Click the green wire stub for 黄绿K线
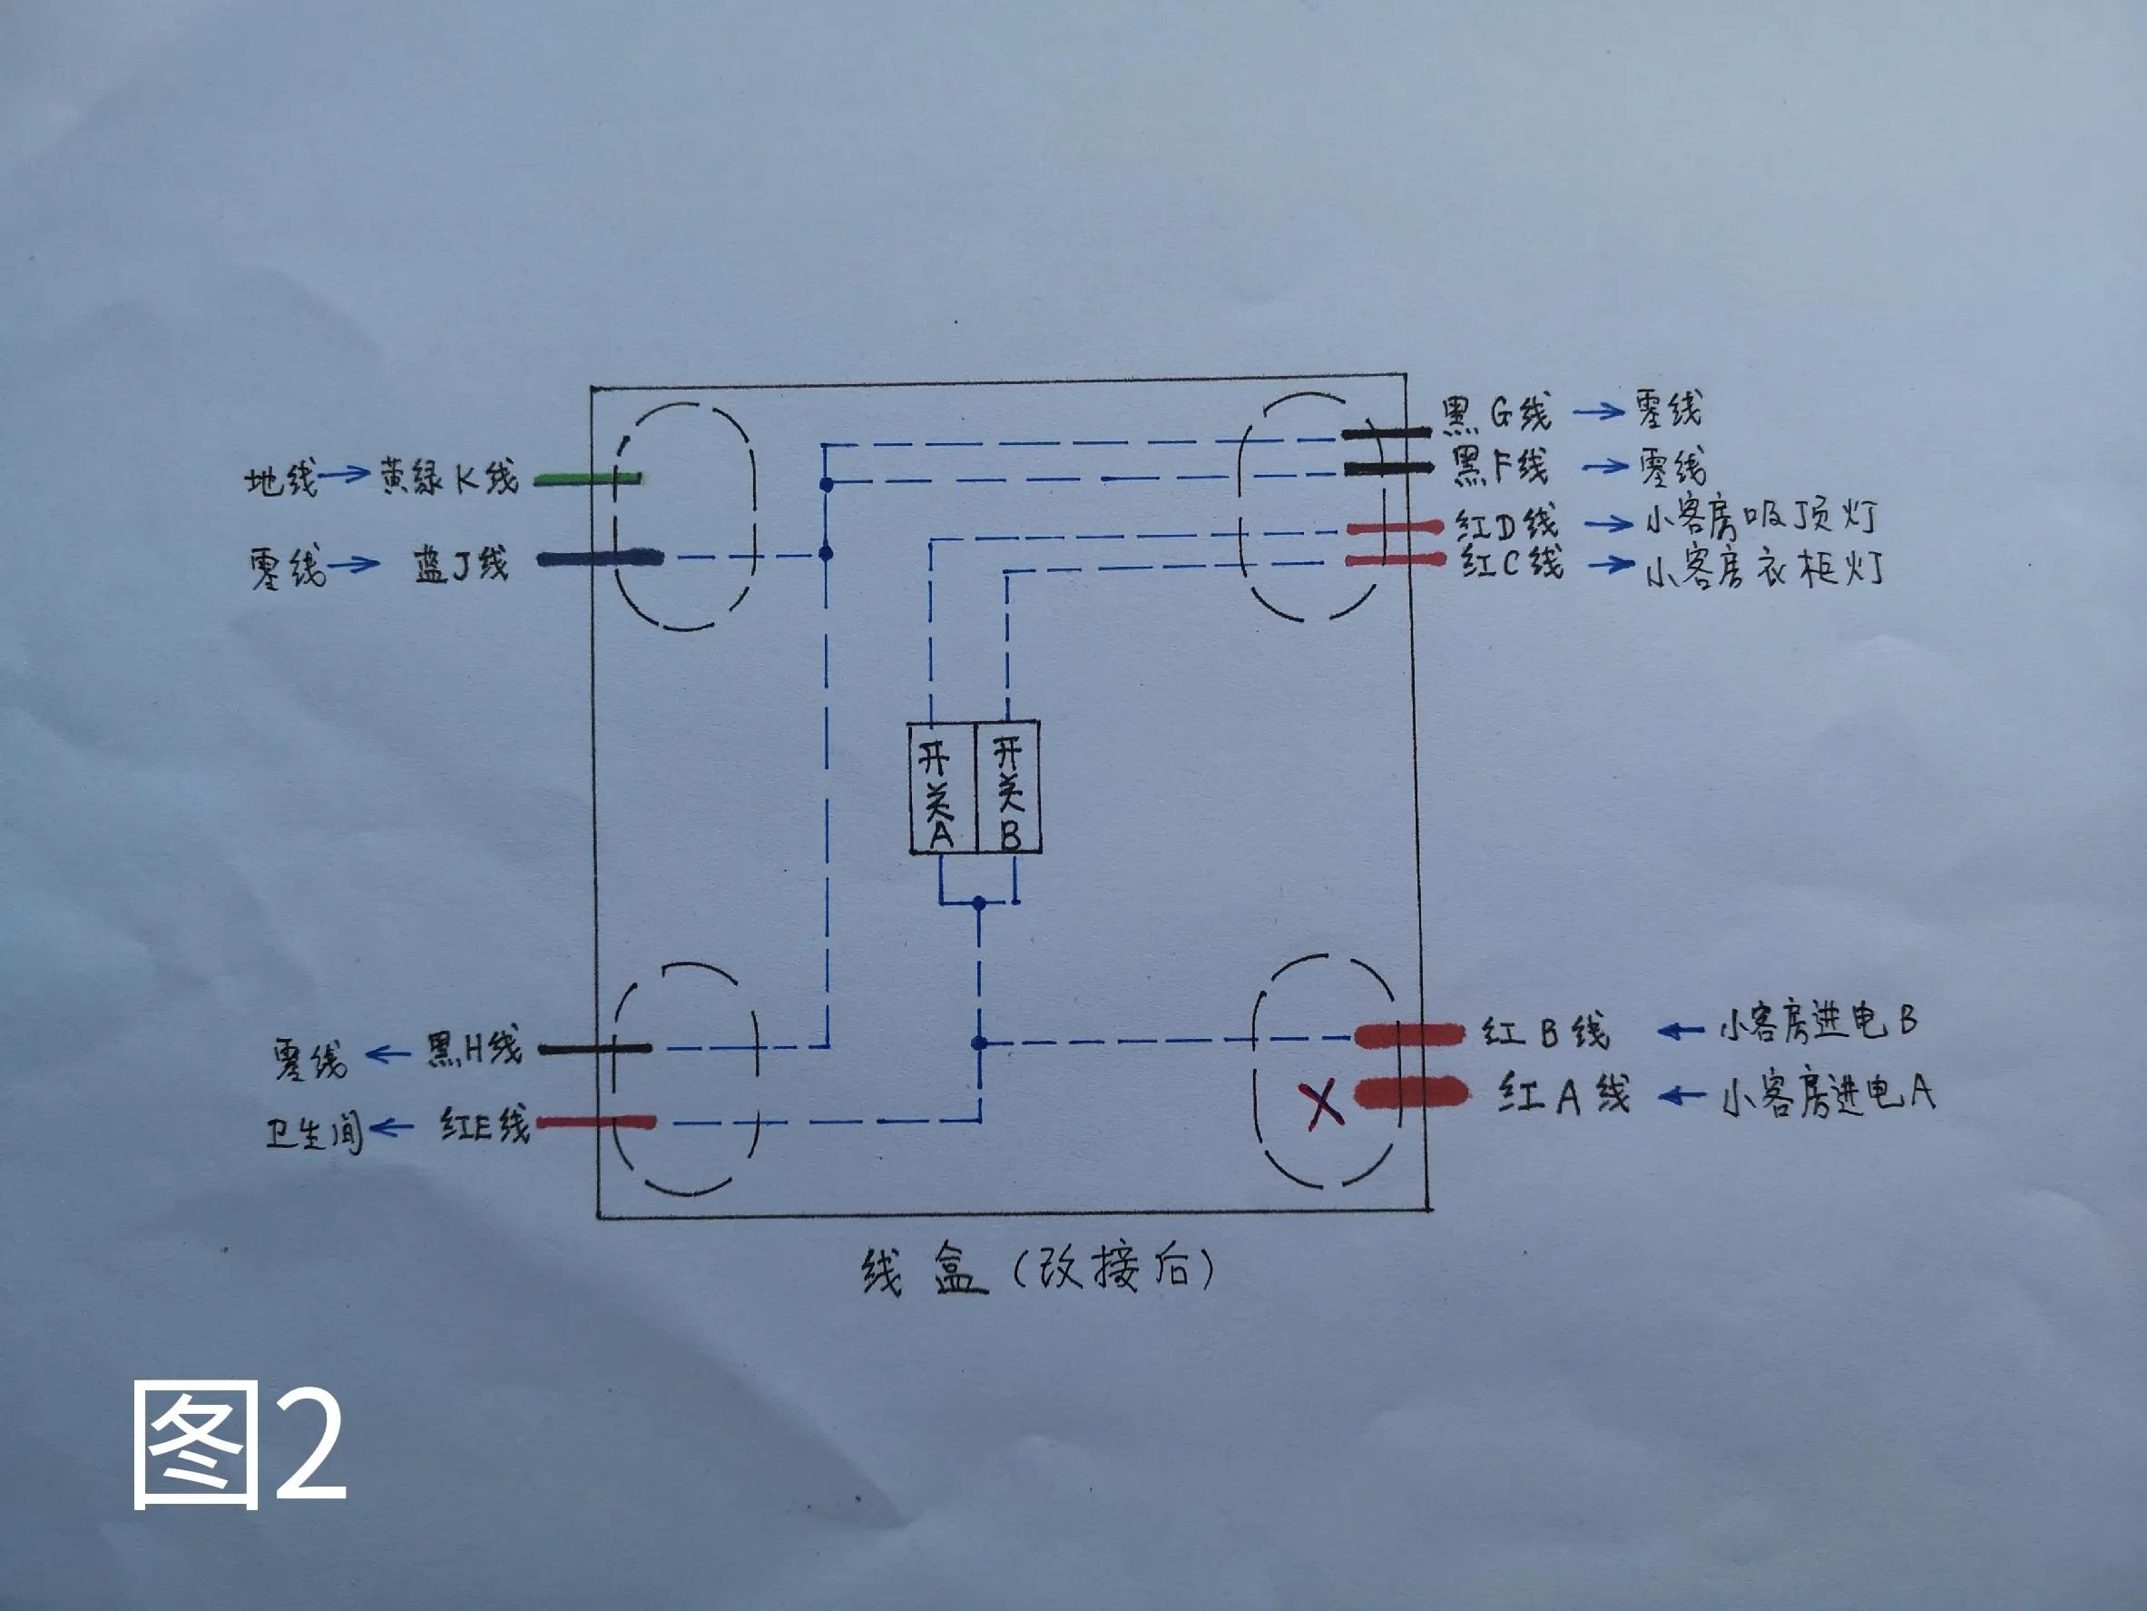588,479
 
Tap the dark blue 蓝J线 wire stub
600,558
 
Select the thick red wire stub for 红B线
1408,1035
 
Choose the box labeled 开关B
1007,787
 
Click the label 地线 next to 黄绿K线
280,479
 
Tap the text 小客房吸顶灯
1760,519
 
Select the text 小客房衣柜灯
1765,569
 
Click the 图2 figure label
239,1444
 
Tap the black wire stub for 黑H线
595,1049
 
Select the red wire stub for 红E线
596,1122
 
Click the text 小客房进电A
1828,1096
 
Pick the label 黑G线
1495,412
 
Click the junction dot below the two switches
978,903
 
